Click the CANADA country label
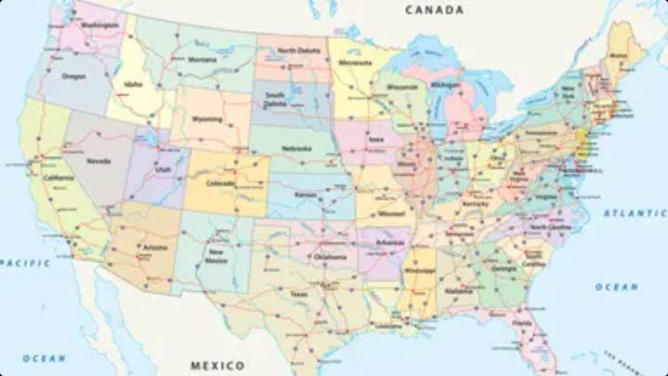[434, 10]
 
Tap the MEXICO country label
[217, 366]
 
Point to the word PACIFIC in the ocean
[25, 262]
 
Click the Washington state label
[99, 25]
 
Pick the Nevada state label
[98, 160]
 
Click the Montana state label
[202, 60]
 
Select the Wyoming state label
[207, 119]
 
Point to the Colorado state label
[221, 182]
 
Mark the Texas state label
[297, 294]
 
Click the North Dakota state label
[298, 50]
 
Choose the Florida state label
[521, 323]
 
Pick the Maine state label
[618, 56]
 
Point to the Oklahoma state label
[329, 256]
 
